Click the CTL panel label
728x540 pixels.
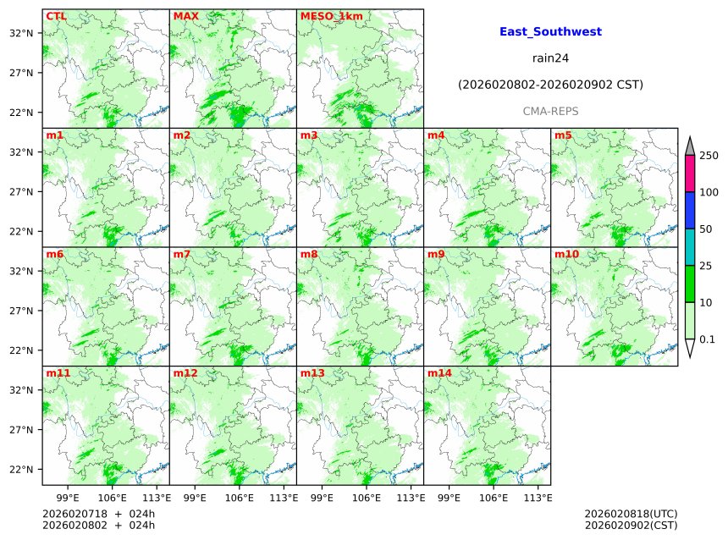(56, 16)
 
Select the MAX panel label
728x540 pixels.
(185, 16)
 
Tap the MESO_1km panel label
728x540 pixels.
(325, 16)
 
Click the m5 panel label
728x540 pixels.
(563, 135)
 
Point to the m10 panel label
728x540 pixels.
(566, 254)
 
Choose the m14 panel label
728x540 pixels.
(439, 372)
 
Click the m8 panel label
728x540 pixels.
(309, 254)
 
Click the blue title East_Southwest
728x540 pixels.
(550, 31)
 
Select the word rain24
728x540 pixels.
(550, 58)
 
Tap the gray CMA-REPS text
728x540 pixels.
(550, 112)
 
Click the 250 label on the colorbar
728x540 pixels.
(709, 155)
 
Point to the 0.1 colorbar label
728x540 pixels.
(707, 339)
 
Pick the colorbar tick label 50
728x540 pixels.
(705, 229)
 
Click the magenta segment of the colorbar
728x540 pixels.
(689, 174)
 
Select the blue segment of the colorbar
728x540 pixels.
(689, 211)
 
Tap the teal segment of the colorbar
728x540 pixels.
(689, 247)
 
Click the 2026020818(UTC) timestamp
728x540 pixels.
(631, 514)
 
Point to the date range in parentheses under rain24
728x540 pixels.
(550, 85)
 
